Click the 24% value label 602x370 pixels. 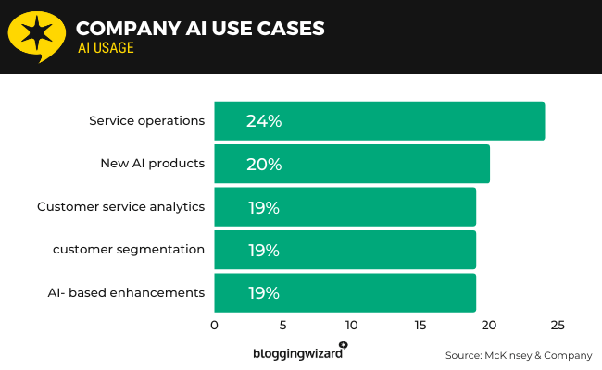click(264, 121)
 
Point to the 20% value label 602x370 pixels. click(264, 165)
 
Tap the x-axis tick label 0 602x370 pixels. click(214, 326)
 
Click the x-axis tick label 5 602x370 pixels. click(282, 326)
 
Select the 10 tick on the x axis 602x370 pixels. click(351, 326)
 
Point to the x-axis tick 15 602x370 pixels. click(420, 326)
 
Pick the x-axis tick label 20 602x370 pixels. click(489, 326)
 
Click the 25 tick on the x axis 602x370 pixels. click(558, 326)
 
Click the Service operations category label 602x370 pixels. click(146, 121)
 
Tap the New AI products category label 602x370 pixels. click(152, 164)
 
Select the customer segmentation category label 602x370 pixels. click(128, 250)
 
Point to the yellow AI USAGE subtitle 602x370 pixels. click(106, 48)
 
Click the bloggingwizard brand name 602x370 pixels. click(297, 353)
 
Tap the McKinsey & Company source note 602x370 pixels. click(517, 355)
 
